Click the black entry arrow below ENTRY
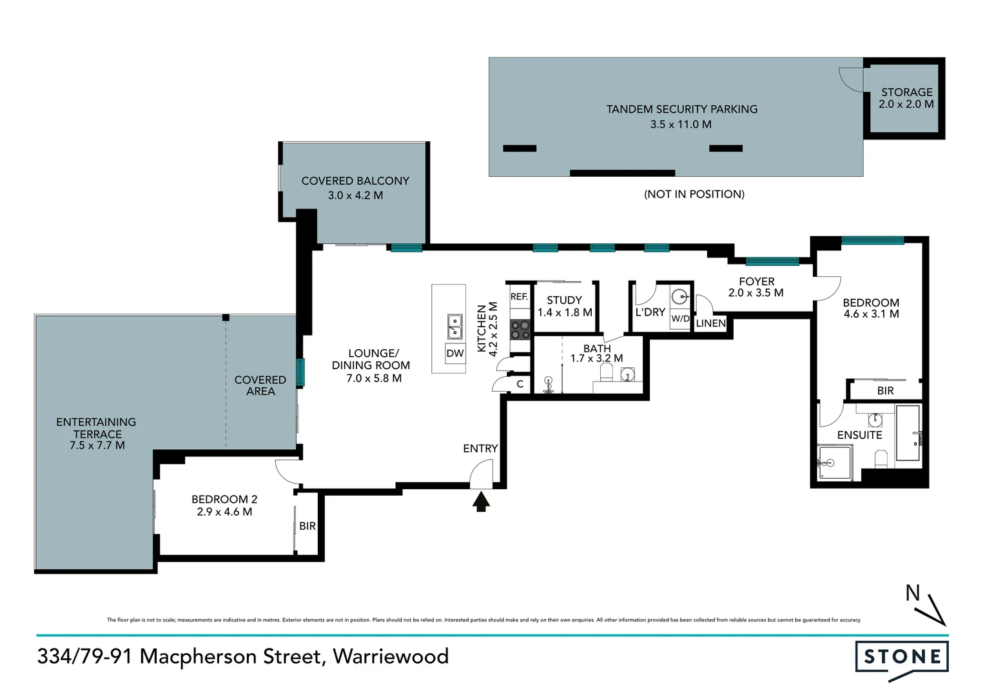coord(480,501)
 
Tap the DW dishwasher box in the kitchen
coord(455,353)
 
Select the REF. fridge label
coord(519,297)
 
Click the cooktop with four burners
coord(520,330)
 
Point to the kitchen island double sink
coord(455,327)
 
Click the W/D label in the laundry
coord(680,319)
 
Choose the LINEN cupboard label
coord(710,323)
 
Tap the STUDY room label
coord(564,300)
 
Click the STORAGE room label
coord(906,92)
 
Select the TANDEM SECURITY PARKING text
coord(681,109)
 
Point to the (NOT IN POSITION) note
coord(694,194)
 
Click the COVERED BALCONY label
coord(355,181)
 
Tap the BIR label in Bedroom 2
coord(307,526)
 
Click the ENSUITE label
coord(859,435)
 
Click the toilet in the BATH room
coord(606,372)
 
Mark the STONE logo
coord(902,658)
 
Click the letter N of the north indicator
coord(912,592)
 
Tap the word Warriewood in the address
coord(391,656)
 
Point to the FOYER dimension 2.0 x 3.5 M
coord(756,293)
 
